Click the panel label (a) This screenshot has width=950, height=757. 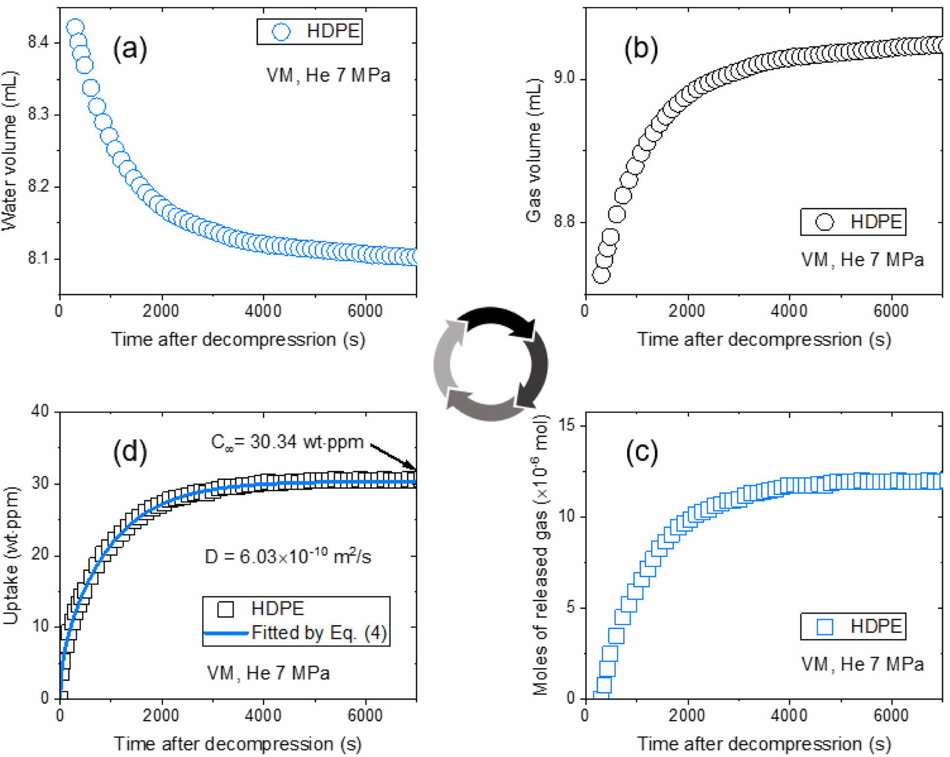pyautogui.click(x=130, y=49)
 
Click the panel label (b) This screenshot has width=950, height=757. pyautogui.click(x=641, y=49)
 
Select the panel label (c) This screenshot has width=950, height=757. pyautogui.click(x=642, y=452)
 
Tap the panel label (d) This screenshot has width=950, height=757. pyautogui.click(x=130, y=452)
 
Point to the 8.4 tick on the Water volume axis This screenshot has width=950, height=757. pyautogui.click(x=37, y=43)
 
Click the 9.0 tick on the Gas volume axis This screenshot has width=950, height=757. pyautogui.click(x=564, y=78)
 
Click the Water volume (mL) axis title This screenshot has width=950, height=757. pyautogui.click(x=10, y=151)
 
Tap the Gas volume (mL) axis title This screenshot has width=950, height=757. pyautogui.click(x=534, y=151)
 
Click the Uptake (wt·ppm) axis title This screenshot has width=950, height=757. pyautogui.click(x=11, y=555)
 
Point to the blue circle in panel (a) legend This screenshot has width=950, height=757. pyautogui.click(x=281, y=32)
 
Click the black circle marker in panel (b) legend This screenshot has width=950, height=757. pyautogui.click(x=825, y=222)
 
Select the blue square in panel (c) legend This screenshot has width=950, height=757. pyautogui.click(x=825, y=626)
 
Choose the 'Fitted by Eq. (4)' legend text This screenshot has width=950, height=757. pyautogui.click(x=319, y=633)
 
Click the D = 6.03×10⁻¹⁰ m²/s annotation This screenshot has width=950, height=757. pyautogui.click(x=287, y=556)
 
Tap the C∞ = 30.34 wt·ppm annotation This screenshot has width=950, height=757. pyautogui.click(x=287, y=442)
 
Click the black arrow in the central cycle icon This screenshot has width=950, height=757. pyautogui.click(x=499, y=321)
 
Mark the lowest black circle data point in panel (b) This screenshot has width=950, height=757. pyautogui.click(x=601, y=275)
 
